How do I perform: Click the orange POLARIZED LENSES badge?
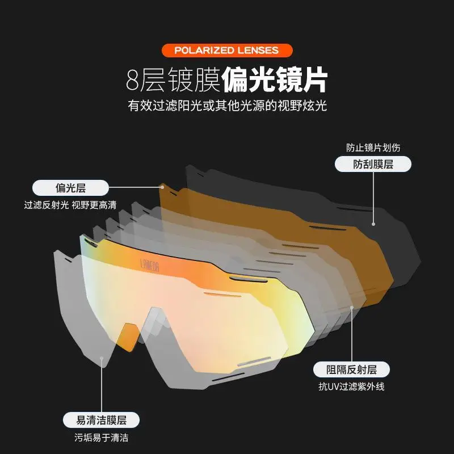tap(226, 50)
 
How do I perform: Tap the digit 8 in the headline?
tap(133, 80)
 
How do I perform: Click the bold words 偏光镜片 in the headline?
tap(275, 80)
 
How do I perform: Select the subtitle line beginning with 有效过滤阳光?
tap(227, 106)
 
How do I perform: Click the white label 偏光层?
tap(70, 187)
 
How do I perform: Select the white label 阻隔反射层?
tap(352, 370)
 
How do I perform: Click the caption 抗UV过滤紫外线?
tap(352, 388)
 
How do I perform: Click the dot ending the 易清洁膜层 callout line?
tap(101, 358)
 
